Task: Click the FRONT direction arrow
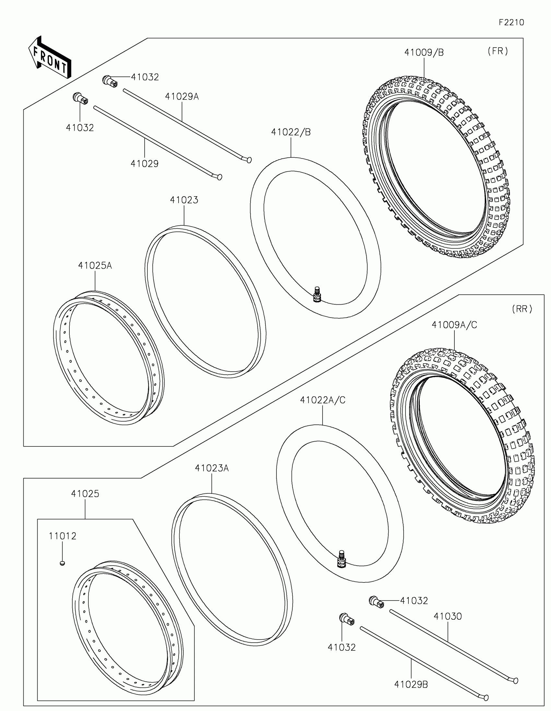tap(50, 58)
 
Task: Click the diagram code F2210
tap(511, 22)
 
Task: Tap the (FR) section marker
tap(498, 51)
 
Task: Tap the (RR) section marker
tap(522, 309)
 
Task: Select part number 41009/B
tap(424, 52)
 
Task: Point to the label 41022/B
tap(291, 132)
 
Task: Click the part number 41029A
tap(182, 96)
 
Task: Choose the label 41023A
tap(212, 468)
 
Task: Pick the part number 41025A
tap(95, 265)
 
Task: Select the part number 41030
tap(447, 616)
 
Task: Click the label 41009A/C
tap(454, 325)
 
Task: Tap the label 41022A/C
tap(322, 400)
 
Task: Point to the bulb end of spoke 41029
tap(219, 177)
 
